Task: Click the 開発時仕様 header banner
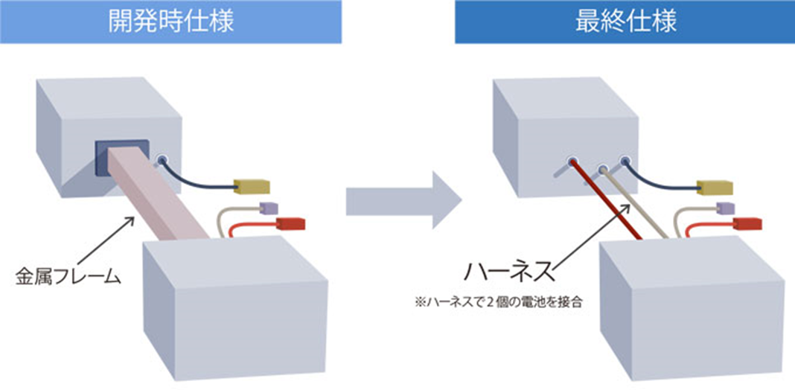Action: point(170,22)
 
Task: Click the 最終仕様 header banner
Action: point(625,22)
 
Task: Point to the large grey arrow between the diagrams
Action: point(402,201)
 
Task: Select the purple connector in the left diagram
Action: point(266,209)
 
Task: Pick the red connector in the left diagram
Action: point(290,223)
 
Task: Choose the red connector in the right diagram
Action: point(748,223)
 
